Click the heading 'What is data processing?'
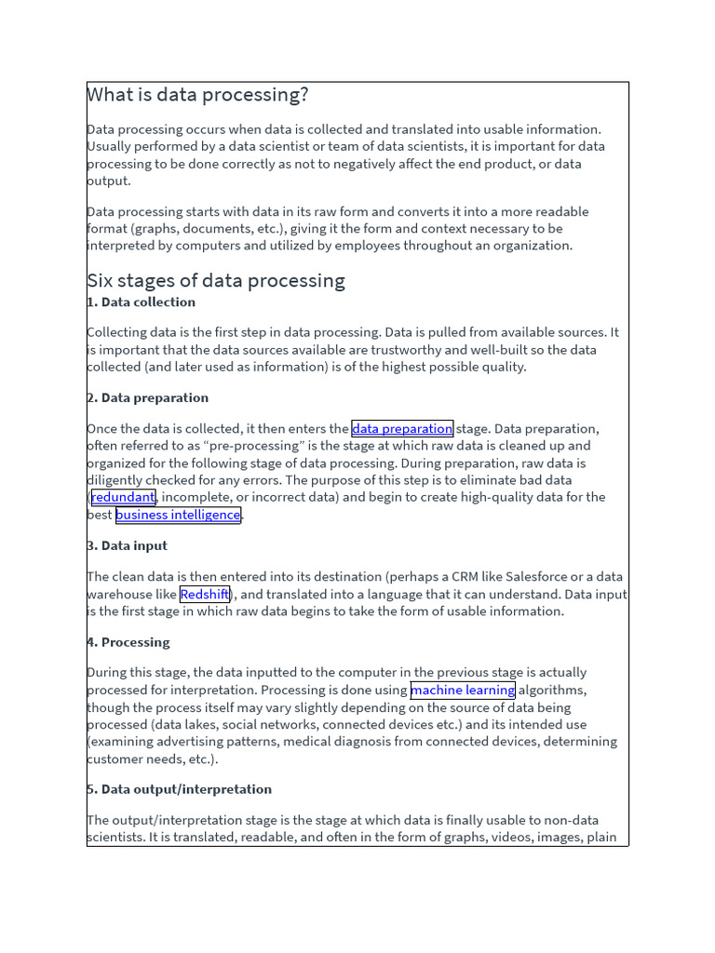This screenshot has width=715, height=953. pos(197,95)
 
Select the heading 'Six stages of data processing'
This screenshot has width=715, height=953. pos(216,280)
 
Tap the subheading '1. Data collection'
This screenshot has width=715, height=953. pos(142,302)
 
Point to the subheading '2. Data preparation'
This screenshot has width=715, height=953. pos(148,397)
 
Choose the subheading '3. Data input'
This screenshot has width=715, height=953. pos(128,545)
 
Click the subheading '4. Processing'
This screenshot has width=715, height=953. pos(128,642)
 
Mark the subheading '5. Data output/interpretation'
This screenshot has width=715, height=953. pos(180,789)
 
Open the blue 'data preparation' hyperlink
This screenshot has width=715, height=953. pos(402,429)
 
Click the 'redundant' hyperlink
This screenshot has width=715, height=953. pos(123,497)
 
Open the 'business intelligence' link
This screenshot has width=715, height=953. pos(178,515)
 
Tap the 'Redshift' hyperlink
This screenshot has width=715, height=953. pos(204,595)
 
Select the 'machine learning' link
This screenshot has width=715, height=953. pos(463,691)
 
